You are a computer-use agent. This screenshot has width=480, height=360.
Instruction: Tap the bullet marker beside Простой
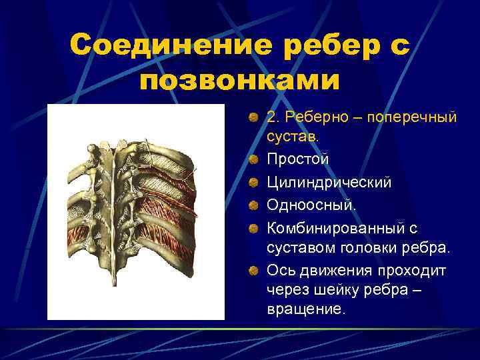click(253, 161)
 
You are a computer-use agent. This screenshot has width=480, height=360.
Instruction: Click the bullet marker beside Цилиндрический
click(253, 183)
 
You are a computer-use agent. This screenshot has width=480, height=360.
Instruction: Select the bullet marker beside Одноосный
click(253, 206)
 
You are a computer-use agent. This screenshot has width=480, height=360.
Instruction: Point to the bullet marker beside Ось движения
click(253, 271)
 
